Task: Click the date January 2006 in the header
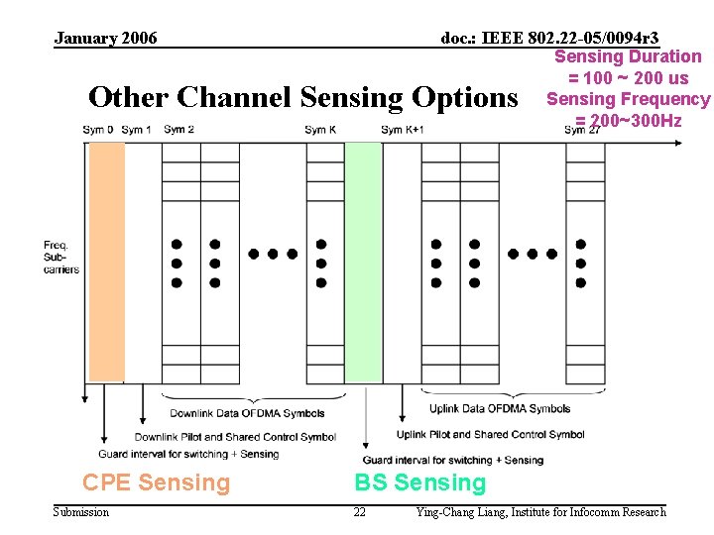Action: [x=105, y=39]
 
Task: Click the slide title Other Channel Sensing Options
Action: [x=303, y=97]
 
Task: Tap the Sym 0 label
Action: [x=97, y=130]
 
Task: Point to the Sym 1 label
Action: [x=136, y=130]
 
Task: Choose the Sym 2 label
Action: [x=178, y=130]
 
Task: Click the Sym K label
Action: [x=320, y=130]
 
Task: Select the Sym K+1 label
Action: [x=403, y=130]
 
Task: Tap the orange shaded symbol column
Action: [x=106, y=262]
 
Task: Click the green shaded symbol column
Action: [x=363, y=262]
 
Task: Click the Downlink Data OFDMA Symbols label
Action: [x=247, y=413]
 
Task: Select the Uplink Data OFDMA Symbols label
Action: [x=500, y=408]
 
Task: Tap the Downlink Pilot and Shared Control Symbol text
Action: [x=235, y=437]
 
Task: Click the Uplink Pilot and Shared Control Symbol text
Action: [x=490, y=434]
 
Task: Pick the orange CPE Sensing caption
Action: [x=156, y=482]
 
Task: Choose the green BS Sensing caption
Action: [x=420, y=482]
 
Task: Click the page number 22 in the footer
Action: [x=359, y=512]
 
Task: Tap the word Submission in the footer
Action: [x=81, y=512]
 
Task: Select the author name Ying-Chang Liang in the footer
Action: [x=459, y=512]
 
